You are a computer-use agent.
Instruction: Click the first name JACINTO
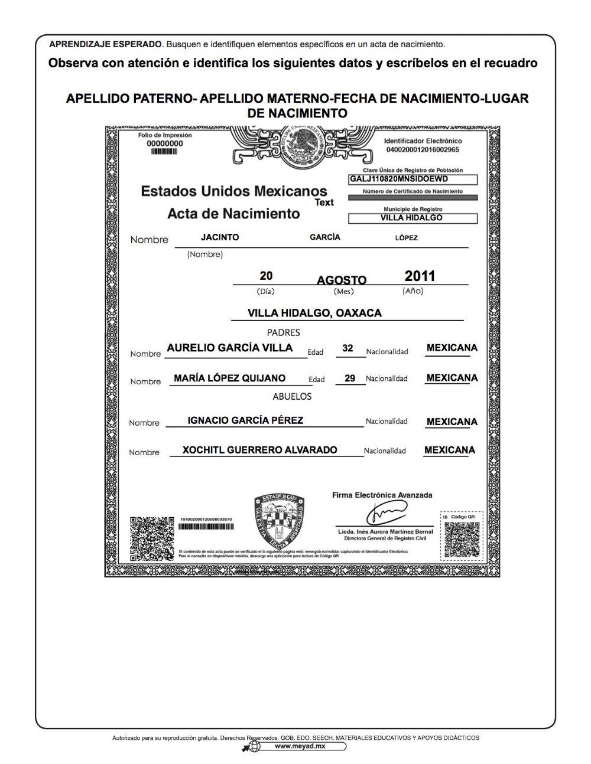point(220,237)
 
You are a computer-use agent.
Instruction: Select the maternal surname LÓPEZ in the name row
point(406,238)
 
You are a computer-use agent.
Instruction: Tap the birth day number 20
point(266,276)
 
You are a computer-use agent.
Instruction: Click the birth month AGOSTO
point(342,280)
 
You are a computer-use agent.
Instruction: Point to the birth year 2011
point(420,276)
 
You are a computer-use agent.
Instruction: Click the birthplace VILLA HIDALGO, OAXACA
point(314,313)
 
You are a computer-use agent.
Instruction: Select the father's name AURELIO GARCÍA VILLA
point(229,348)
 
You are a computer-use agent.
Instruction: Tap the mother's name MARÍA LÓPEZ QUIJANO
point(229,378)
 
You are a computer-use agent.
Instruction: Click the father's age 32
point(348,348)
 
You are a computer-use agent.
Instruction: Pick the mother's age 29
point(349,378)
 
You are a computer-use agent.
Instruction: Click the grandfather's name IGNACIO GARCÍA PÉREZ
point(245,420)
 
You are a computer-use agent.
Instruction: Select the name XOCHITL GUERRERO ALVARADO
point(259,450)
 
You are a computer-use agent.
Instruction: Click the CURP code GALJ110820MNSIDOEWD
point(399,179)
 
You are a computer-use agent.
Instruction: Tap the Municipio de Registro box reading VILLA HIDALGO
point(412,218)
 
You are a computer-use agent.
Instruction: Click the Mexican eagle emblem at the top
point(304,146)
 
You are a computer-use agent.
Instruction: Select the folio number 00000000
point(164,143)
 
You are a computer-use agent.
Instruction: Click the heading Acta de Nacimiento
point(233,213)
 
